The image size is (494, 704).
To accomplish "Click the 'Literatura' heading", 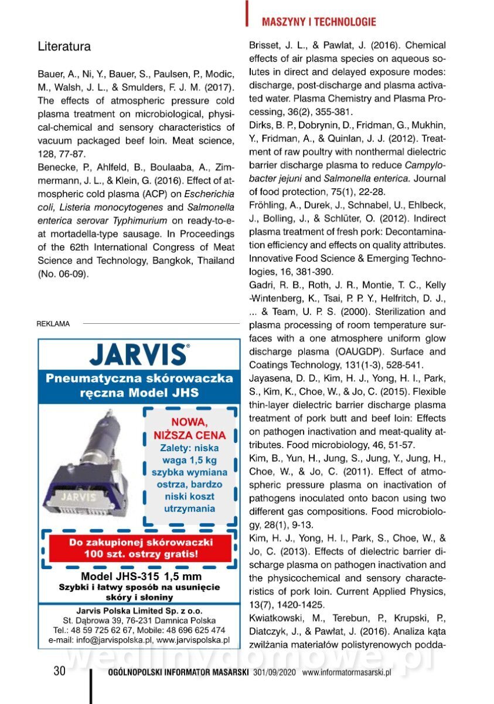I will tap(64, 46).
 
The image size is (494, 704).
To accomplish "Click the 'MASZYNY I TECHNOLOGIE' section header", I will tap(319, 22).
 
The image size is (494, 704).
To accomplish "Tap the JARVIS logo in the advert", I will tap(138, 354).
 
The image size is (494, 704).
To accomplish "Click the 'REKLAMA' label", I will tap(53, 323).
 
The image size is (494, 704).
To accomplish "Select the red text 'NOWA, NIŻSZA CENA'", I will tap(189, 428).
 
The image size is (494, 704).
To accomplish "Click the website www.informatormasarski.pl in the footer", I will tap(346, 672).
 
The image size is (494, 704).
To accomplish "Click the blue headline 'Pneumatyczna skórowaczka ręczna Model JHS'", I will tap(139, 385).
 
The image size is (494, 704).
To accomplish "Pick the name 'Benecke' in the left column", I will tap(57, 168).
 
